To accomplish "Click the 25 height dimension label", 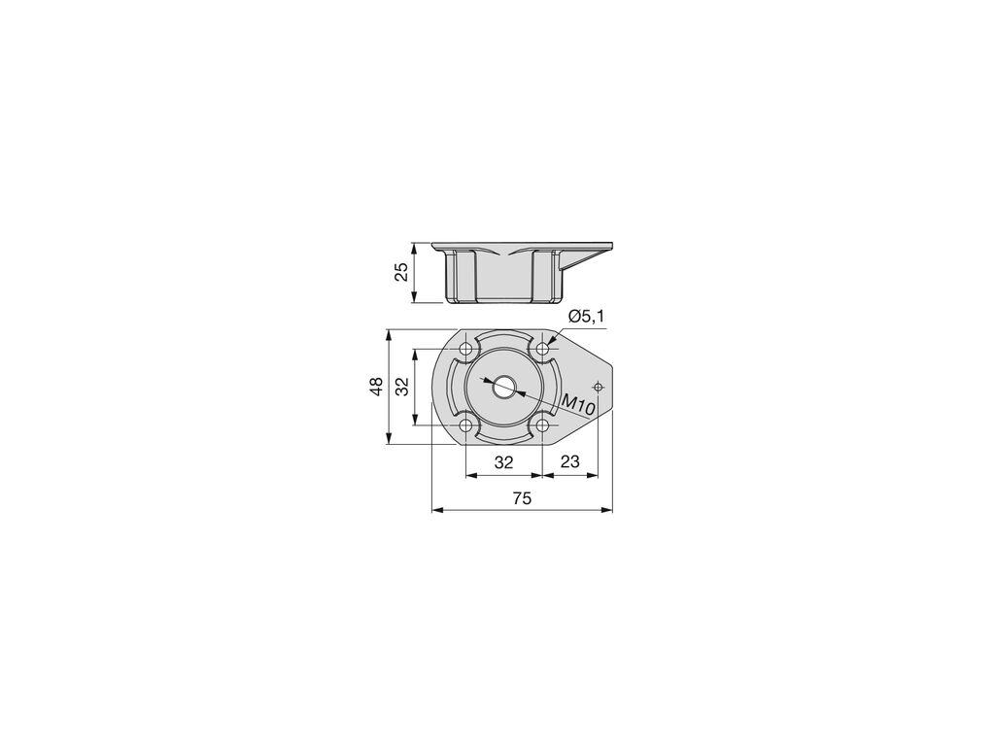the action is click(401, 272).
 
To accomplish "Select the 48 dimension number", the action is click(377, 387).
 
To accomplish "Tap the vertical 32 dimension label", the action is click(402, 387).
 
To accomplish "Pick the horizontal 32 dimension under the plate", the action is click(504, 462).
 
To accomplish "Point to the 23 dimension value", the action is click(570, 461).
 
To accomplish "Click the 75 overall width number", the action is click(522, 498).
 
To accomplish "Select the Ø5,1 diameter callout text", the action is click(586, 317).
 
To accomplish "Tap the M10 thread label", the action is click(578, 403).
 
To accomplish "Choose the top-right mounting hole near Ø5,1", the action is click(542, 349).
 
